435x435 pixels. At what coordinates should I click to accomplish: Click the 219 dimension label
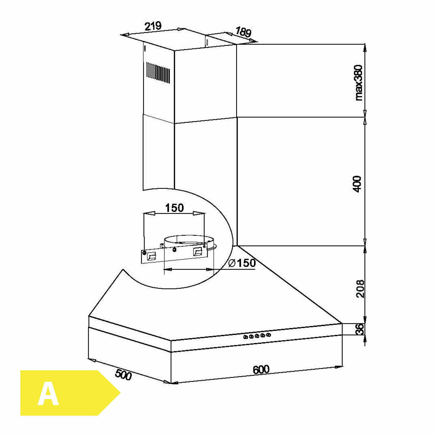click(x=153, y=26)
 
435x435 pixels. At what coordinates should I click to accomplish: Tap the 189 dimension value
click(x=243, y=32)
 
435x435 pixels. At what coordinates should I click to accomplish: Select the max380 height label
click(x=359, y=83)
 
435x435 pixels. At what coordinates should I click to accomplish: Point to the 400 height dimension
click(x=358, y=184)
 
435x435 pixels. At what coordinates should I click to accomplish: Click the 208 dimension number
click(x=360, y=289)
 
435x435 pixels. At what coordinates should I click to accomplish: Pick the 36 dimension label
click(x=359, y=329)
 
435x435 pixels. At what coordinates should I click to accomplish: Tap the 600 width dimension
click(x=261, y=370)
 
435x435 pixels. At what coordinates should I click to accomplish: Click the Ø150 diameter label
click(x=242, y=263)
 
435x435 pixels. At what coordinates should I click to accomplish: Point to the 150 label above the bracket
click(x=175, y=208)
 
